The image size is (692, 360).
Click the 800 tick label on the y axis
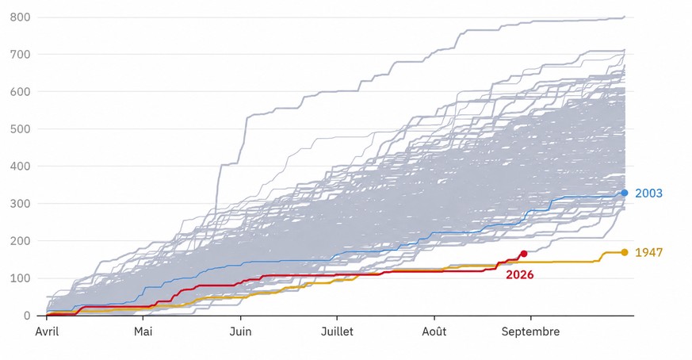click(x=21, y=17)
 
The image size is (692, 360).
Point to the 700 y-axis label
click(x=21, y=55)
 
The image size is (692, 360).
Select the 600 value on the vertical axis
click(x=21, y=91)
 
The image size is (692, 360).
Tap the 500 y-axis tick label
click(x=21, y=129)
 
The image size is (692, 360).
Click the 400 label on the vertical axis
click(x=21, y=166)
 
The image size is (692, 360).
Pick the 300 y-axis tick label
click(x=21, y=204)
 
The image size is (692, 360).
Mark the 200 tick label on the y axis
click(x=21, y=241)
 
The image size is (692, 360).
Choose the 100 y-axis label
click(x=21, y=278)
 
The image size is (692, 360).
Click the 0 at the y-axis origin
click(x=28, y=316)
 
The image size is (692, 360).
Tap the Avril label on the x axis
click(x=47, y=331)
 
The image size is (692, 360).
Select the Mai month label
click(x=143, y=331)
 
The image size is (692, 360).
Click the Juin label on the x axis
click(x=240, y=331)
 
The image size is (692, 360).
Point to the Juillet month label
click(x=337, y=331)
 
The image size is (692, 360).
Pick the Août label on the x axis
click(x=434, y=331)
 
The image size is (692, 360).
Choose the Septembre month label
click(x=530, y=331)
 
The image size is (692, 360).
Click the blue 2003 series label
click(x=648, y=193)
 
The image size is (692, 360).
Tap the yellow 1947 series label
click(x=648, y=252)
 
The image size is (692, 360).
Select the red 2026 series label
click(x=519, y=274)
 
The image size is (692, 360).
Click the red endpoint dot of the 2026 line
click(x=524, y=254)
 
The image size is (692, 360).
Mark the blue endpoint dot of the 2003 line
click(x=625, y=193)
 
